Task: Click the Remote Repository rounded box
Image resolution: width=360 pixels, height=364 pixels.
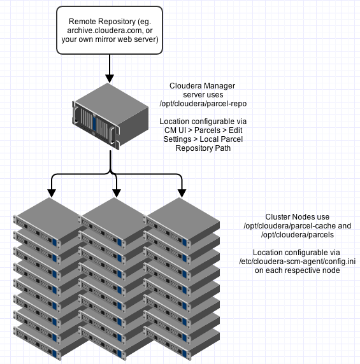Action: [110, 30]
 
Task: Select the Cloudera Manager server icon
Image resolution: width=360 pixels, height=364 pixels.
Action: [111, 116]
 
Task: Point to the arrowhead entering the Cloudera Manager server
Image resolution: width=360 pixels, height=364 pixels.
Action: [110, 78]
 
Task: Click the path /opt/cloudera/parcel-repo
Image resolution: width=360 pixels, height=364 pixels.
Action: [203, 104]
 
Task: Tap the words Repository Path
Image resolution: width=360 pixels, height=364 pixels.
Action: [203, 148]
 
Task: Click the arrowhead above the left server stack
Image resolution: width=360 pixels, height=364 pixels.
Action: [52, 193]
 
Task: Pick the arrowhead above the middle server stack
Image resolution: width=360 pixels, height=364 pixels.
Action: [117, 193]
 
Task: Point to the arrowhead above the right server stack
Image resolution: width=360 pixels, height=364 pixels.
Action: [182, 193]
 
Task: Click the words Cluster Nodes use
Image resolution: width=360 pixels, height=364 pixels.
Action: [298, 217]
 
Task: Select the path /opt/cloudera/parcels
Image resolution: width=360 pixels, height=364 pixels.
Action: [298, 235]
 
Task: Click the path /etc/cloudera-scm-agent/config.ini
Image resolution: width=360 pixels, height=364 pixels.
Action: [298, 262]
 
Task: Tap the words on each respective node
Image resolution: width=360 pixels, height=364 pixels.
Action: [298, 270]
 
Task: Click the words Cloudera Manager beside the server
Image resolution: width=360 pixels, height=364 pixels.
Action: [202, 86]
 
